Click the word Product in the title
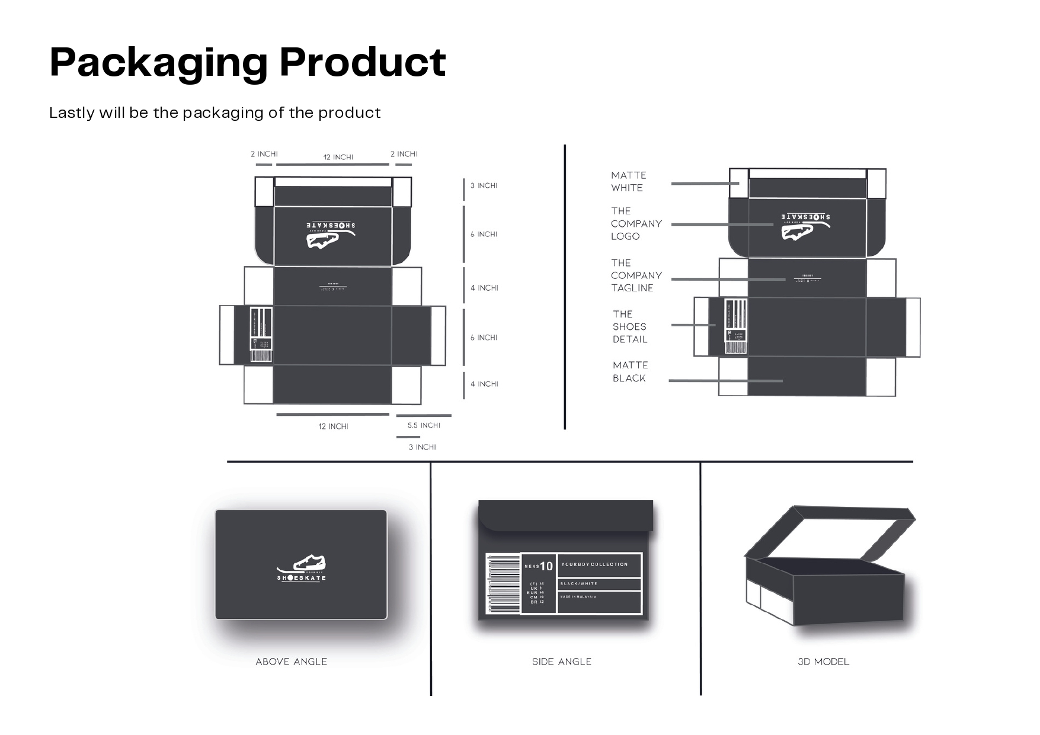click(x=362, y=62)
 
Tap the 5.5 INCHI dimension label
click(x=424, y=425)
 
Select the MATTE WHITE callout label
click(x=628, y=181)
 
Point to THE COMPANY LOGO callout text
click(x=636, y=223)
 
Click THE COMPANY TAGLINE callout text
click(x=636, y=275)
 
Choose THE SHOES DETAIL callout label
click(x=629, y=326)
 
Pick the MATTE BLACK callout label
click(x=630, y=371)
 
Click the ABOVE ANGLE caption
click(x=291, y=662)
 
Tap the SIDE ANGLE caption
click(x=561, y=662)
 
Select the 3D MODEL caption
click(x=823, y=662)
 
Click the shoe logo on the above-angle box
click(x=302, y=569)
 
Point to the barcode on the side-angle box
click(x=496, y=583)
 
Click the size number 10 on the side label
click(x=546, y=566)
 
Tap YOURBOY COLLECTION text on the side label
click(x=594, y=564)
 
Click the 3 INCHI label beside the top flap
click(x=484, y=185)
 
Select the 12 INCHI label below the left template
click(x=333, y=426)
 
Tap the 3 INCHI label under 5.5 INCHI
click(x=422, y=447)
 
